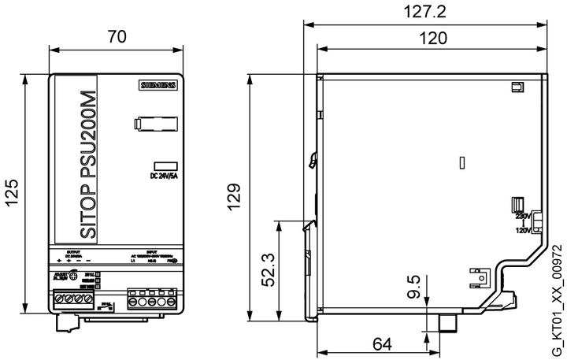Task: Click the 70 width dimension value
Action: (x=117, y=37)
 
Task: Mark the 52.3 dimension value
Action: (x=268, y=269)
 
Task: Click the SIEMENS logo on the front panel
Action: (x=159, y=85)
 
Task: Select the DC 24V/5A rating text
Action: (x=164, y=176)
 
